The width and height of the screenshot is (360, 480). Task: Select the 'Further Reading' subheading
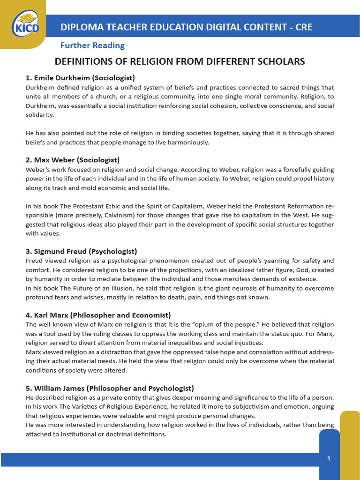92,45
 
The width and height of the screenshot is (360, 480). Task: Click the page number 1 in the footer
329,458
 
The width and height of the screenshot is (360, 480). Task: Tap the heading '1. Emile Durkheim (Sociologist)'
80,78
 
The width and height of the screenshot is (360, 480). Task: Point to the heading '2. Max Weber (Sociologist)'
73,160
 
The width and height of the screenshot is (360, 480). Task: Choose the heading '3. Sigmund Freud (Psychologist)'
81,251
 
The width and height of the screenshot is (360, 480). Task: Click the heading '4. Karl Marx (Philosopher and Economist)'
98,315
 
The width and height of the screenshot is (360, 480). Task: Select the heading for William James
109,388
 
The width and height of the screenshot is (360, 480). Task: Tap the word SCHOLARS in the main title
282,61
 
